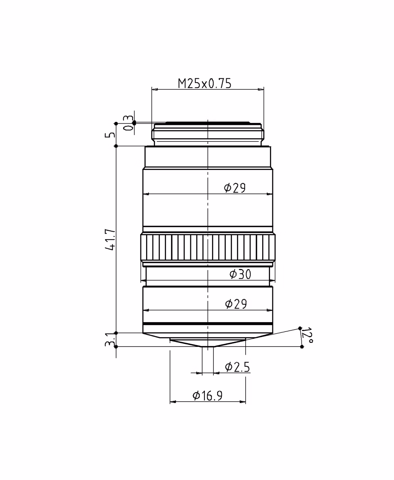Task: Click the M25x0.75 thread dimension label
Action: pyautogui.click(x=204, y=84)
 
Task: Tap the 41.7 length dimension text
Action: pyautogui.click(x=110, y=239)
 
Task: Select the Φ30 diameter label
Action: pyautogui.click(x=240, y=274)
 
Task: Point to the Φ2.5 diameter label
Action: pyautogui.click(x=237, y=367)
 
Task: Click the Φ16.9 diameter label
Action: pyautogui.click(x=207, y=396)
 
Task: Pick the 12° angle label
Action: pyautogui.click(x=307, y=335)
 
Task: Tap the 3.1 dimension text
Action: pyautogui.click(x=110, y=340)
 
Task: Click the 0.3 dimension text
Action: pyautogui.click(x=128, y=123)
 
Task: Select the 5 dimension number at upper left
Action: pyautogui.click(x=110, y=135)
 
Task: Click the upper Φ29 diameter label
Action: pyautogui.click(x=234, y=188)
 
